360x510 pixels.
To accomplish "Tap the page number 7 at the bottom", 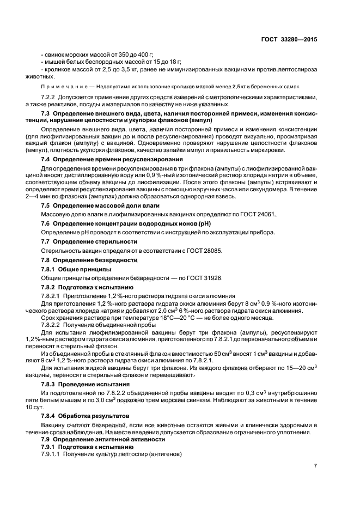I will [x=316, y=465].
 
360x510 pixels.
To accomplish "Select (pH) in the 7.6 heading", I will [x=202, y=223].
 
